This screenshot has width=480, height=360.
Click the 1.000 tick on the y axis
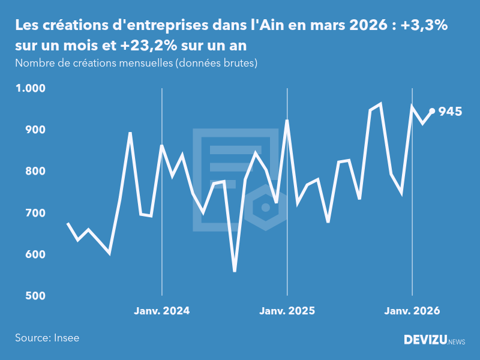(31, 88)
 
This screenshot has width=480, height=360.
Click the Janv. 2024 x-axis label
(162, 311)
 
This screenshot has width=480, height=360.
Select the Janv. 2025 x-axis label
(287, 311)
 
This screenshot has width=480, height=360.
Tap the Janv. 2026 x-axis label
(412, 311)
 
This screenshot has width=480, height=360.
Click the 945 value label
(450, 112)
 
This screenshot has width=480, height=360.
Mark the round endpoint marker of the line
(432, 111)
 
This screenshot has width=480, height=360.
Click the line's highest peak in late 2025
(380, 104)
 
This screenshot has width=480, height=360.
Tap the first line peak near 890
(130, 133)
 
